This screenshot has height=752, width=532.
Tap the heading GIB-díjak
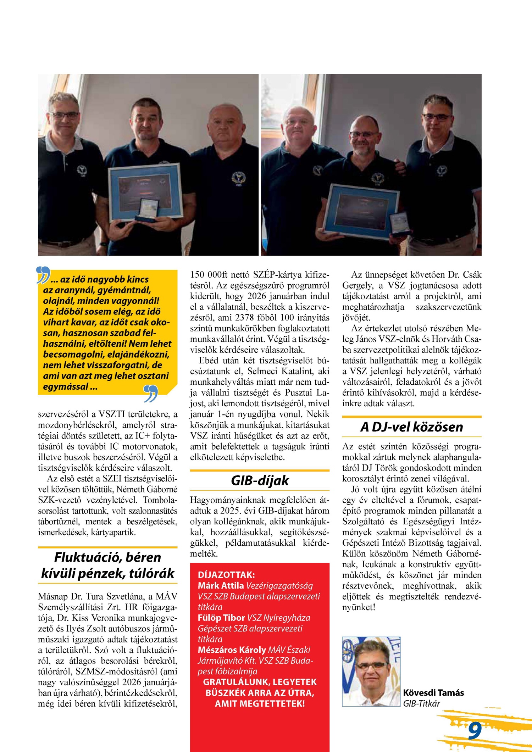[260, 480]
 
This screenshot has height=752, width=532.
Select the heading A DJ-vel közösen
[411, 427]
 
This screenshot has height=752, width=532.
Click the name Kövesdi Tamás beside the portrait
[433, 692]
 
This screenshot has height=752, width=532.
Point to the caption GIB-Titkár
[421, 703]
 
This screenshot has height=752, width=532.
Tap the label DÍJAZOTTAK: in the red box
[226, 575]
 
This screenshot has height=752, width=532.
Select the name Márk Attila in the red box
[221, 585]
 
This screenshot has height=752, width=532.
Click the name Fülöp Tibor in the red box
[221, 618]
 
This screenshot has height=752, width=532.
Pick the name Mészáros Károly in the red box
[232, 650]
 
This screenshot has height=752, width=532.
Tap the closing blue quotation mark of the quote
[150, 394]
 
